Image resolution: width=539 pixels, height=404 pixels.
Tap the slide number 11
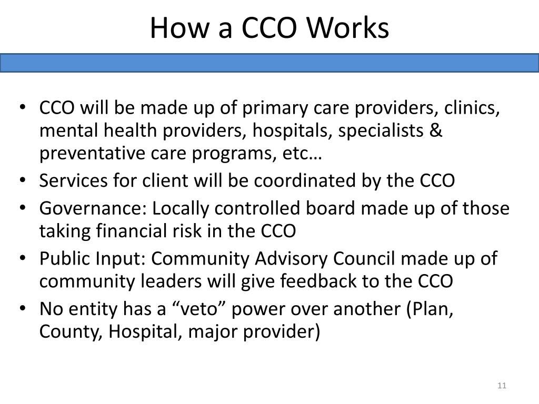[x=501, y=386]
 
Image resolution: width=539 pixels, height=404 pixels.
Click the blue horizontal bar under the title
[x=269, y=63]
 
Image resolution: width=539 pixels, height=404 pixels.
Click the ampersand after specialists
[x=436, y=130]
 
